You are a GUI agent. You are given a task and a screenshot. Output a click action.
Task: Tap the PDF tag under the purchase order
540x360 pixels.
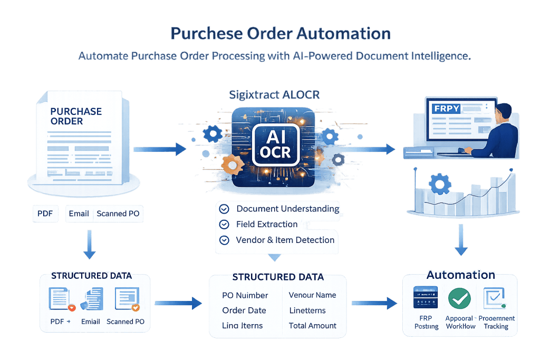(45, 213)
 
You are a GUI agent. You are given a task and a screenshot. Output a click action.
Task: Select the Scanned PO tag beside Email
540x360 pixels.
(119, 213)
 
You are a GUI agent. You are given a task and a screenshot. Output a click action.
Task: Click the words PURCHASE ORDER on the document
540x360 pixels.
(76, 116)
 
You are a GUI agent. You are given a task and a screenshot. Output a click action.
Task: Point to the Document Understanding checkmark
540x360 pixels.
(224, 209)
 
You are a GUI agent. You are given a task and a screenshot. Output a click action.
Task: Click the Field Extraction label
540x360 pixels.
(267, 224)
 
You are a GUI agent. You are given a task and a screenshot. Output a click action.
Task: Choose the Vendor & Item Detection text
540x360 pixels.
(285, 240)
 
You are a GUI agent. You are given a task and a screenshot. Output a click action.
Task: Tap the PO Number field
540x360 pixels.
(245, 295)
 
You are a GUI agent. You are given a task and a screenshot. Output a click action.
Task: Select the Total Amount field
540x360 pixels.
(313, 325)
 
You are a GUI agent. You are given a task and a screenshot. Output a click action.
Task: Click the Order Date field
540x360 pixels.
(244, 310)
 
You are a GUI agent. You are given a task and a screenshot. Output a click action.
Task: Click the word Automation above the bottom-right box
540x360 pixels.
(460, 275)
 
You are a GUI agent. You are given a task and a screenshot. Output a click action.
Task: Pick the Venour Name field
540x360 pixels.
(312, 295)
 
